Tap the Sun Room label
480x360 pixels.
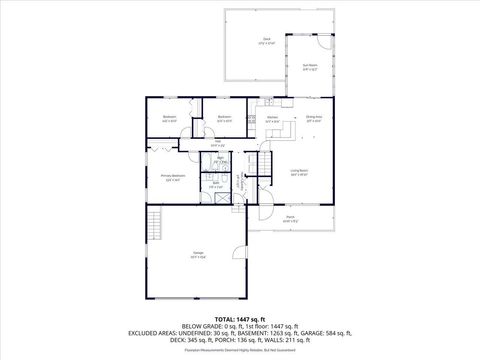[310, 67]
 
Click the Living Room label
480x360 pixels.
[299, 171]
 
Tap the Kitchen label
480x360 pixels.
[271, 119]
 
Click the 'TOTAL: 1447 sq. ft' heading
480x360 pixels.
[239, 319]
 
